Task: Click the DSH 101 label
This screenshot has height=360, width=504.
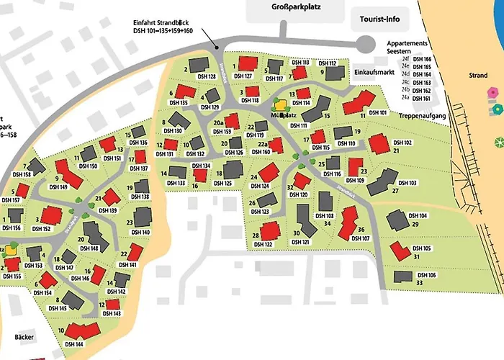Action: pyautogui.click(x=378, y=113)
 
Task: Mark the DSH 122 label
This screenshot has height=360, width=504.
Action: pyautogui.click(x=264, y=245)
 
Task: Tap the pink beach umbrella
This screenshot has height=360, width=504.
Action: pyautogui.click(x=492, y=92)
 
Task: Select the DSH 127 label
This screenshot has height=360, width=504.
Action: pyautogui.click(x=243, y=76)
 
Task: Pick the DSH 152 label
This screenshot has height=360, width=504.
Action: pyautogui.click(x=42, y=229)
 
